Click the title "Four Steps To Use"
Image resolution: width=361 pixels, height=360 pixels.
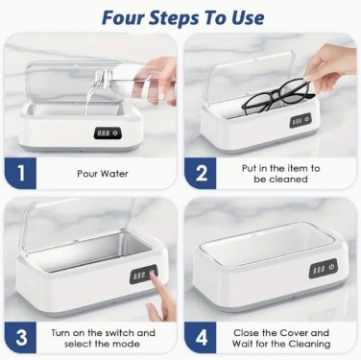pos(183,18)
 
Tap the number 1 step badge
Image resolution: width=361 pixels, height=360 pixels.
pos(20,173)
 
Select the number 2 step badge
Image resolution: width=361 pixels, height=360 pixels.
pos(201,173)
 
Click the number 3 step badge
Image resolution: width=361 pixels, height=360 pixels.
pos(20,338)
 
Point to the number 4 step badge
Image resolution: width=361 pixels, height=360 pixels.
pos(201,338)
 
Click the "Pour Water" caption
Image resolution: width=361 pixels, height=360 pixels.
pos(103,174)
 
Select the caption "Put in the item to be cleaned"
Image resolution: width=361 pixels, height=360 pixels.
pos(280,174)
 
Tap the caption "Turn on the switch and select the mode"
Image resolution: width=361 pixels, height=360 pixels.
pos(103,338)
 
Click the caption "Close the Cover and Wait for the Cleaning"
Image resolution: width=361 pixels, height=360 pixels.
pos(281,338)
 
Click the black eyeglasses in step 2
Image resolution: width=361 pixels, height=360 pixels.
pos(277,98)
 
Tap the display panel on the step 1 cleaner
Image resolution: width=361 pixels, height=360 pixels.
pos(108,132)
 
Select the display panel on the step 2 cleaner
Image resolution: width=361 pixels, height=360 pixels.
pos(301,121)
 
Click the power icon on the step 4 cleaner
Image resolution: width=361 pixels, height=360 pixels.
pos(331,267)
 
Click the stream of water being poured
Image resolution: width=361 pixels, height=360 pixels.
pos(91,94)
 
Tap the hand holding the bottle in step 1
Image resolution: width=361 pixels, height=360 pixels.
pos(163,81)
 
